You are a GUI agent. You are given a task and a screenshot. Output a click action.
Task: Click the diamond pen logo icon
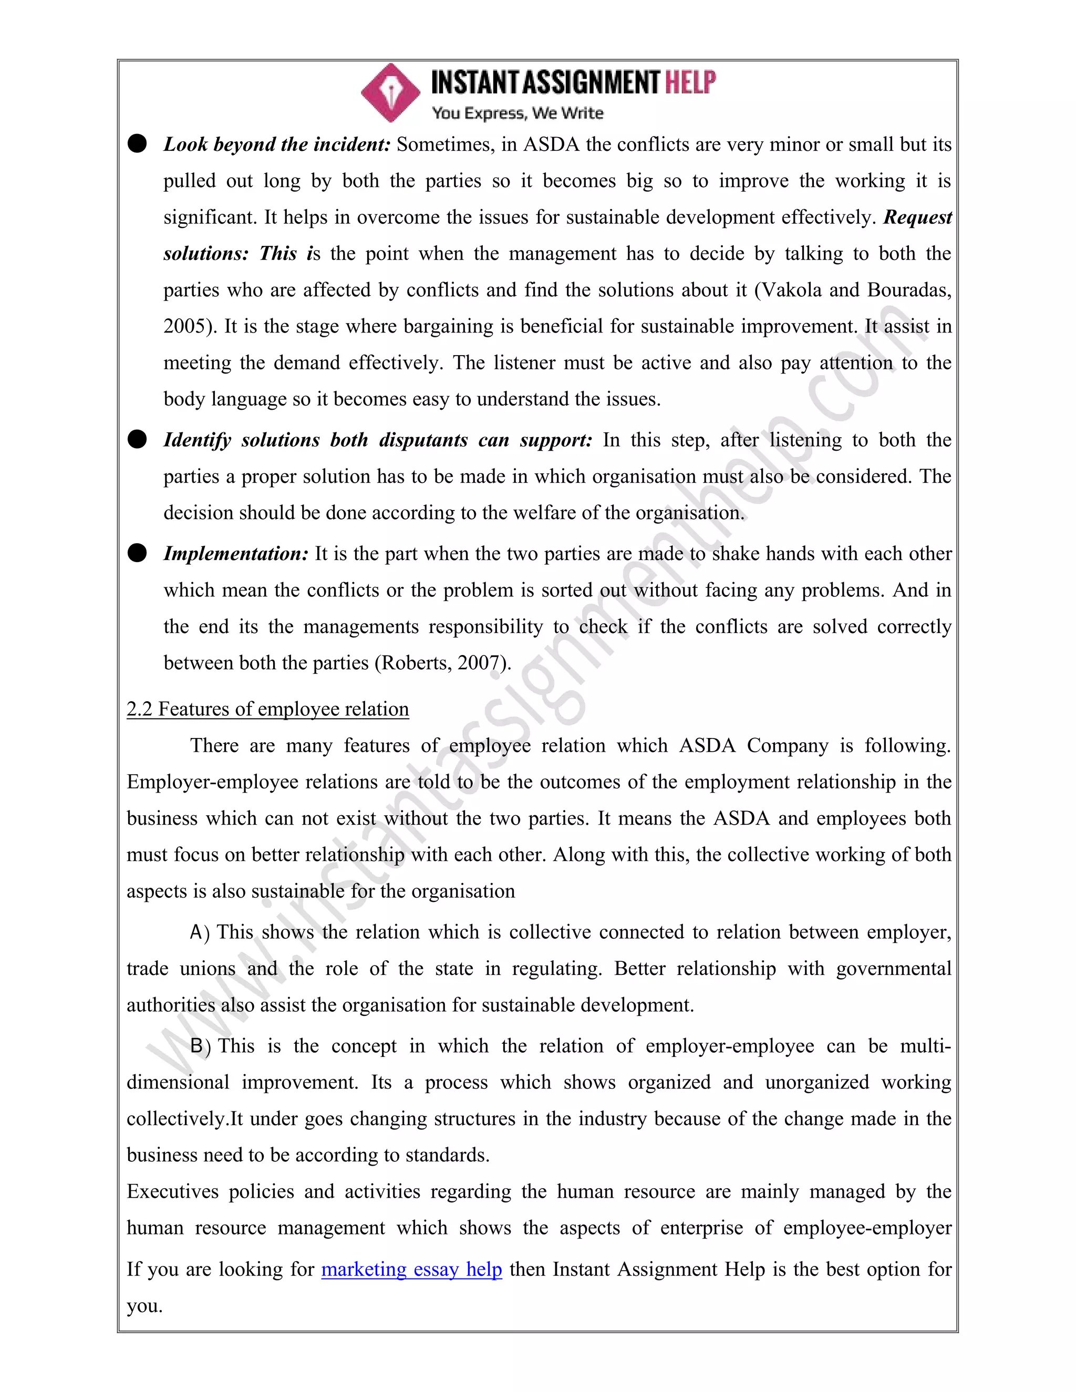click(390, 93)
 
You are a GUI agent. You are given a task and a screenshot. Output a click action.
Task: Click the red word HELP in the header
click(690, 83)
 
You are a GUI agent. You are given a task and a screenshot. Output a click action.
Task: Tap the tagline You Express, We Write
click(517, 113)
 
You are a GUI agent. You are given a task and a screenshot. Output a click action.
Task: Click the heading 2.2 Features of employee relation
click(268, 709)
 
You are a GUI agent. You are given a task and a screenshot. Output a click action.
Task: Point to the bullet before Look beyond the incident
click(137, 143)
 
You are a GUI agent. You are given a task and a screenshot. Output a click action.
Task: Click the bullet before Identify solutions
click(137, 440)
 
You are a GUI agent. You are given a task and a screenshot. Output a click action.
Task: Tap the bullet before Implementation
click(137, 553)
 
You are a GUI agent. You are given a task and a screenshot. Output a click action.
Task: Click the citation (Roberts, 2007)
click(442, 663)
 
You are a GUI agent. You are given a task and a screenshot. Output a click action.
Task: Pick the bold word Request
click(917, 218)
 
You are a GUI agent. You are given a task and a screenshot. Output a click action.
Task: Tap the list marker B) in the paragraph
click(200, 1046)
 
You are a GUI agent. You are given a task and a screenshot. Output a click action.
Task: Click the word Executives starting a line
click(172, 1192)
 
